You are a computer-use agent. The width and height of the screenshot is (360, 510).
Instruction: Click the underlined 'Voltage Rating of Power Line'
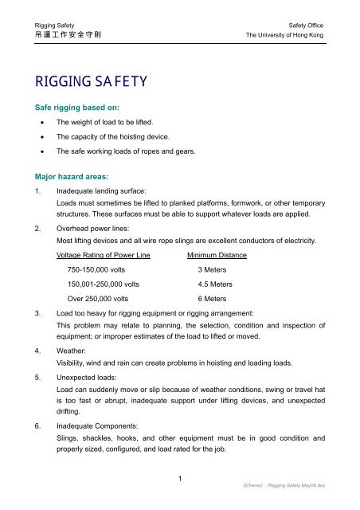pyautogui.click(x=105, y=255)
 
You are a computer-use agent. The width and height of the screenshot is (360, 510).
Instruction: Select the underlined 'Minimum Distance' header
pyautogui.click(x=216, y=255)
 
